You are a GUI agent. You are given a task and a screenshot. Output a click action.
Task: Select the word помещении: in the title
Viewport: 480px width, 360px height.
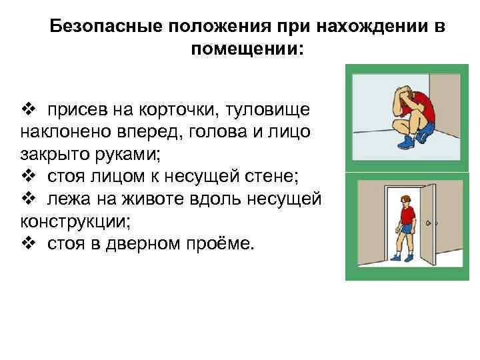click(x=246, y=49)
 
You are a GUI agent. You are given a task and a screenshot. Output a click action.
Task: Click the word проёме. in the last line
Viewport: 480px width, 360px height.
click(x=218, y=244)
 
